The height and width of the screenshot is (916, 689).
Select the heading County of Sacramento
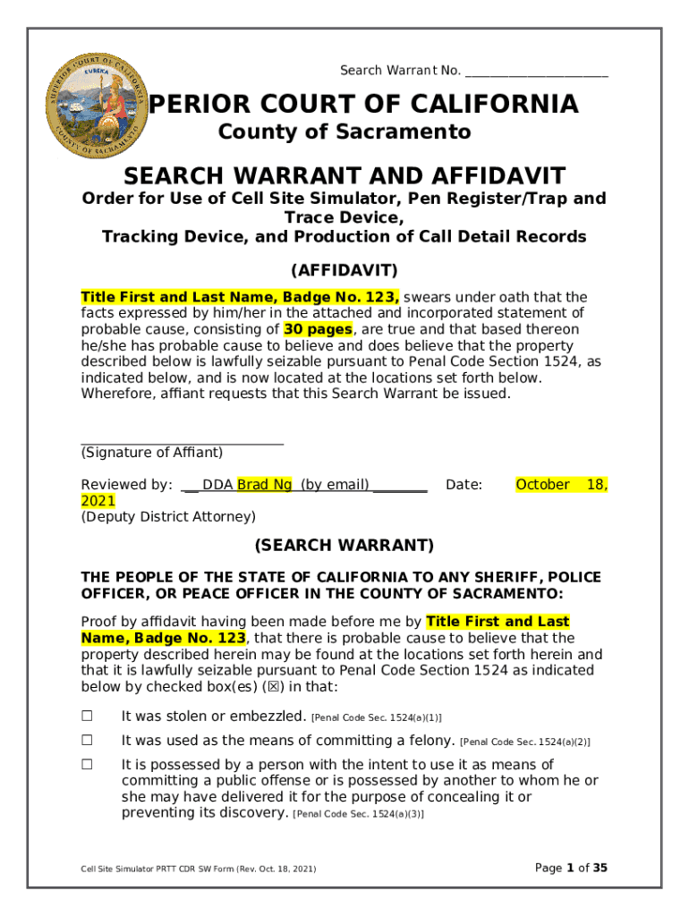coord(344,132)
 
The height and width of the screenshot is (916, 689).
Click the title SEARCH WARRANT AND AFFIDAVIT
coord(344,174)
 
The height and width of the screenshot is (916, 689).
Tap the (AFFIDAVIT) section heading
coord(344,270)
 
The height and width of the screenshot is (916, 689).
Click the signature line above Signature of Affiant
coord(182,443)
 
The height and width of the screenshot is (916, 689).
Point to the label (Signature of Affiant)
coord(152,453)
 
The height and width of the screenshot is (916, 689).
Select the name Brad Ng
coord(264,485)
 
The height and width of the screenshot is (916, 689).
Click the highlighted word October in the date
coord(542,485)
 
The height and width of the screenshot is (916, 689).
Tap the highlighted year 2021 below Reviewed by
coord(98,501)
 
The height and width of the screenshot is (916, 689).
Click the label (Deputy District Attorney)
coord(168,517)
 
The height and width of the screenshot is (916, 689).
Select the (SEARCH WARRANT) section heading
coord(344,545)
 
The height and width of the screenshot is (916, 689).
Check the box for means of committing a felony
coord(87,741)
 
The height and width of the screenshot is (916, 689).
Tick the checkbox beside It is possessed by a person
coord(87,765)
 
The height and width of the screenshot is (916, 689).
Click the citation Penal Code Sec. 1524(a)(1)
coord(376,717)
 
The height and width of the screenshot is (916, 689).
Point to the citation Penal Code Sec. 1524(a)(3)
coord(358,814)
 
